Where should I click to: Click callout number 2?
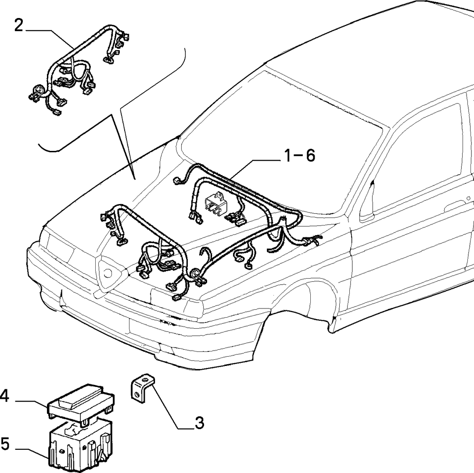[x=18, y=26]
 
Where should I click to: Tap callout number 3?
[x=199, y=423]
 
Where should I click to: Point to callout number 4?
[x=4, y=396]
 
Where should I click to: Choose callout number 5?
[x=5, y=444]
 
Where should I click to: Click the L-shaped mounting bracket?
[x=142, y=388]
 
